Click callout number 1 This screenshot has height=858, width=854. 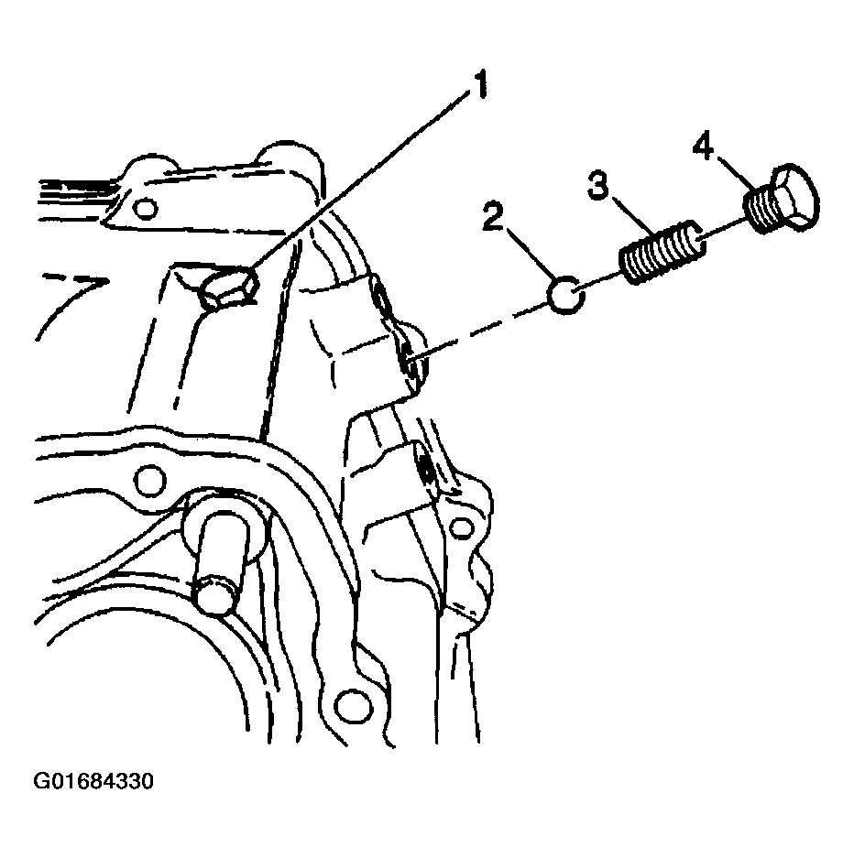point(480,84)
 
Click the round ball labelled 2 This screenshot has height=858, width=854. point(566,294)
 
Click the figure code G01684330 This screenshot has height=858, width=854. point(93,781)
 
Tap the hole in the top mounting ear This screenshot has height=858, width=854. point(146,209)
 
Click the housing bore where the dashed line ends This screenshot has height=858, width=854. point(409,357)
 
